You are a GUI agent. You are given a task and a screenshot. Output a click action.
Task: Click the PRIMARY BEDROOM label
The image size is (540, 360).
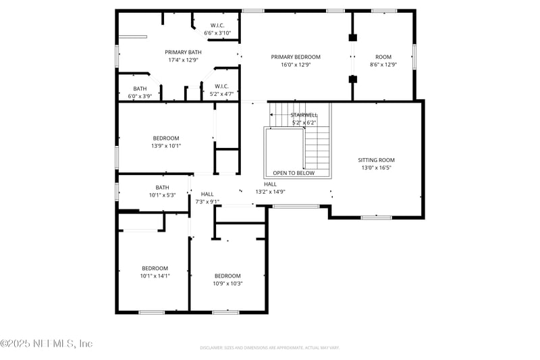(x=296, y=57)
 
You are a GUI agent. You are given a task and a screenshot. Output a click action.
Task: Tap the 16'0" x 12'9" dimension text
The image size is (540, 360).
(x=296, y=65)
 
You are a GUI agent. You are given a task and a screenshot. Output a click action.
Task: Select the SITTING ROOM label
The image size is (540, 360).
(x=376, y=160)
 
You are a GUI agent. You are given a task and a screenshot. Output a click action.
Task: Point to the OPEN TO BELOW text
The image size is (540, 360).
(x=294, y=173)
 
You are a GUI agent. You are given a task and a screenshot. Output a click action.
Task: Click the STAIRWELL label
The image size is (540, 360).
(x=304, y=115)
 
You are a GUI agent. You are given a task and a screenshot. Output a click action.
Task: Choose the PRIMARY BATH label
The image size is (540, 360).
(x=184, y=52)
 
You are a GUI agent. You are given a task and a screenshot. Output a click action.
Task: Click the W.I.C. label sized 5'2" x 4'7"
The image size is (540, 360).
(x=222, y=86)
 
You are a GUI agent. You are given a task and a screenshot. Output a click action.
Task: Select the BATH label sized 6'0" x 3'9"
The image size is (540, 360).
(x=140, y=88)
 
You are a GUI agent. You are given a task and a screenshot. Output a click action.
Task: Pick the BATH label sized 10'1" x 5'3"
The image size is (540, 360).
(x=162, y=187)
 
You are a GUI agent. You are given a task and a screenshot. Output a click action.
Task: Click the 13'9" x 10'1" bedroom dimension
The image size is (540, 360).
(x=166, y=145)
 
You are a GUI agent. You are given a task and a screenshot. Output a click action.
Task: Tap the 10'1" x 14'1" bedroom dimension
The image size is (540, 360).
(x=155, y=276)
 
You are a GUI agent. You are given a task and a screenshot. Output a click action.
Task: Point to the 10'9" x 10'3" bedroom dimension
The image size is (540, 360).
(x=228, y=284)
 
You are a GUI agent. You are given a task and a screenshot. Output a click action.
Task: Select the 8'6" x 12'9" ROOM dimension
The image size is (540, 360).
(x=383, y=65)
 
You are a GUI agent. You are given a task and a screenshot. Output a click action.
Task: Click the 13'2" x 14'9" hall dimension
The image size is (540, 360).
(x=270, y=192)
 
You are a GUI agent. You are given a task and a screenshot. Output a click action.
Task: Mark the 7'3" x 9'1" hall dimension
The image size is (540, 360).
(x=207, y=201)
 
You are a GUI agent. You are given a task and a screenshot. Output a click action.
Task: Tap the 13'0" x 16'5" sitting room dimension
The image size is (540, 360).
(x=376, y=168)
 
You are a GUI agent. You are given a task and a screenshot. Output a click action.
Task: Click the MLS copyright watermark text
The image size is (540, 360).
(x=47, y=344)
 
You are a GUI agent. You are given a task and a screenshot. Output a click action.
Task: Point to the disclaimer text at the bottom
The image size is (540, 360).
(x=269, y=348)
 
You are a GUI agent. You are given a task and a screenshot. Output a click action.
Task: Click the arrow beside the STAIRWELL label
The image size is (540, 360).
(x=275, y=115)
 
